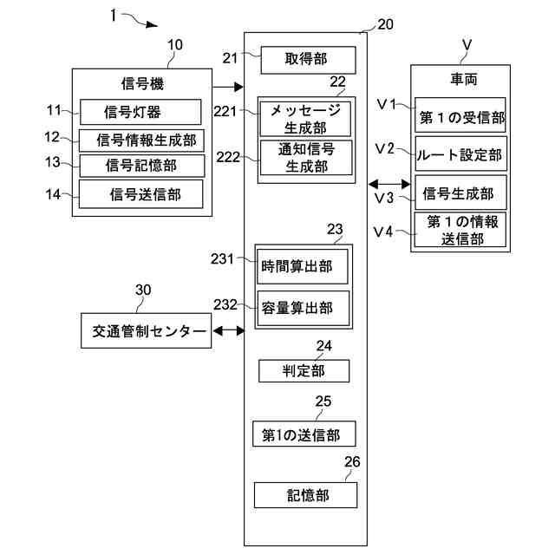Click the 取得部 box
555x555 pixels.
(x=308, y=61)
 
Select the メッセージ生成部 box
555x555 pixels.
(x=305, y=119)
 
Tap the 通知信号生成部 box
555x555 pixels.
(x=305, y=158)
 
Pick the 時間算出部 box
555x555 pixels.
(x=302, y=266)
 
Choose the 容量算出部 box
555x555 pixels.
(x=302, y=308)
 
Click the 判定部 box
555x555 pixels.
(x=304, y=371)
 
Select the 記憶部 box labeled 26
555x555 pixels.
(x=305, y=495)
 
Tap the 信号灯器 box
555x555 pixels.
(x=140, y=111)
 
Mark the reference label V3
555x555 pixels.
(x=384, y=199)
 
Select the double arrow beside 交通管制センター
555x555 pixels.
(x=228, y=330)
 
